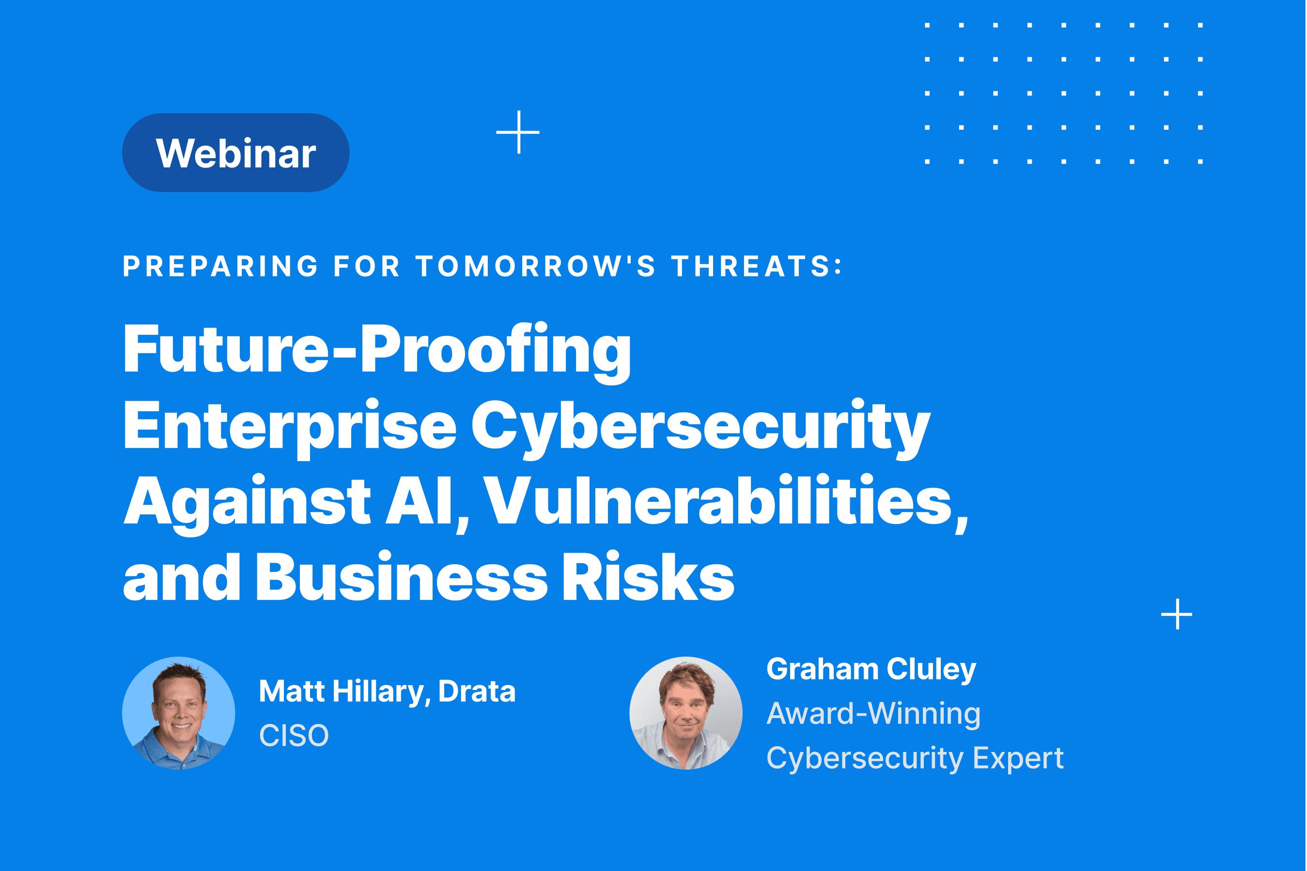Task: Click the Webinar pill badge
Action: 236,153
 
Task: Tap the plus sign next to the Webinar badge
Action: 518,132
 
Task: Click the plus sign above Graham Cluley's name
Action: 1177,615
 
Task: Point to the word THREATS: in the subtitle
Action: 757,266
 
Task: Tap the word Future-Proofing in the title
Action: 377,351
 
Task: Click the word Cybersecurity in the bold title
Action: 701,428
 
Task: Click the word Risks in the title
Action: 648,577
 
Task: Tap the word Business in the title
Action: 402,577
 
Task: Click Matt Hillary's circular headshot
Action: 178,713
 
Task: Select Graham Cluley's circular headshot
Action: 686,713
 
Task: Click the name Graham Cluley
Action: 871,669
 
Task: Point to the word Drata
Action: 477,691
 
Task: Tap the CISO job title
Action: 294,736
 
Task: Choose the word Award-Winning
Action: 873,714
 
